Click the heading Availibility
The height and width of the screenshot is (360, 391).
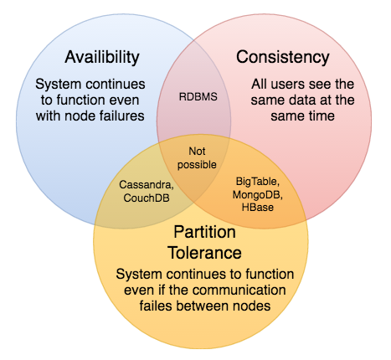tap(102, 57)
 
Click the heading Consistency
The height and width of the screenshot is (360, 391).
tap(283, 58)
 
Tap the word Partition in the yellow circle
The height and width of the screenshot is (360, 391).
tap(205, 232)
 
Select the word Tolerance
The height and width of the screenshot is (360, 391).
tap(204, 253)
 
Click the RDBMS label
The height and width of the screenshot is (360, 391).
tap(198, 97)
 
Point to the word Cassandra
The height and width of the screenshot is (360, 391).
tap(146, 185)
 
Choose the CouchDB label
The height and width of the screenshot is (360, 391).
tap(147, 198)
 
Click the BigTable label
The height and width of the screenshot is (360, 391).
tap(258, 182)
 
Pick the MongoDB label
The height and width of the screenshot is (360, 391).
tap(258, 194)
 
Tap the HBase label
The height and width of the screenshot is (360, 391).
tap(258, 208)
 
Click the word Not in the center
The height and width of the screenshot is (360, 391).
tap(197, 152)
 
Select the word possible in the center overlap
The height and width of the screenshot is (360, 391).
tap(197, 165)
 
